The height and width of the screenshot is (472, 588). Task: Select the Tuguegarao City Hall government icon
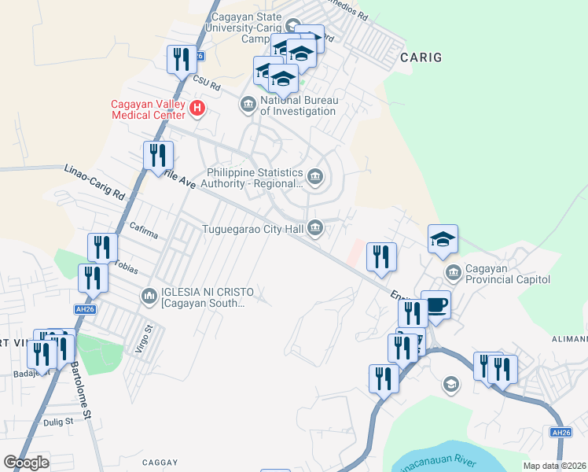pos(315,228)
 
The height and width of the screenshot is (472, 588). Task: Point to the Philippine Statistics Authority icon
pos(315,177)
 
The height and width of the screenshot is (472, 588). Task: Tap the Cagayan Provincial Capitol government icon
pos(453,273)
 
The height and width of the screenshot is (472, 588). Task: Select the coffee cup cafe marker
pos(435,305)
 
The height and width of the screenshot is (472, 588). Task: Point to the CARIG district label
pos(421,57)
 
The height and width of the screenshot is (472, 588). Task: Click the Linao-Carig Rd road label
pos(94,182)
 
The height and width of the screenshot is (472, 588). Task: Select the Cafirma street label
pos(144,227)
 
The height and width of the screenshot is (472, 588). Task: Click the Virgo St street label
pos(141,341)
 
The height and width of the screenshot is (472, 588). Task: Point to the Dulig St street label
pos(58,422)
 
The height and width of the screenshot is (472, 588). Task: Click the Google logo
pos(26,463)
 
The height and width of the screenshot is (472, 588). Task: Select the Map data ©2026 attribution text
pos(555,466)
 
